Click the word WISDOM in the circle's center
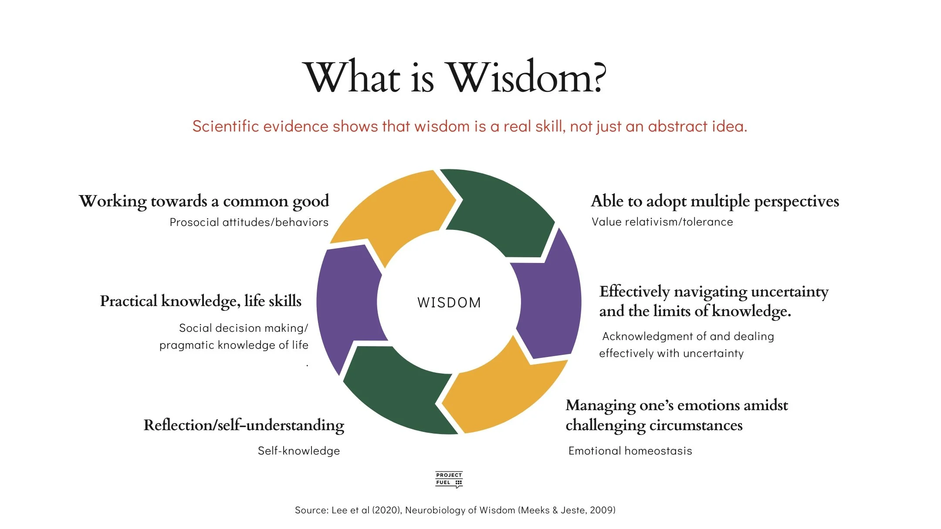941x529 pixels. point(449,302)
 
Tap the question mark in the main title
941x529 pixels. point(599,77)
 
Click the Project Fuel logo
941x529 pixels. point(449,479)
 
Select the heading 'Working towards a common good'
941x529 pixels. point(204,201)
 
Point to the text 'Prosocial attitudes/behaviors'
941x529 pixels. point(249,222)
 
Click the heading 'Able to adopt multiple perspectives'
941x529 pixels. point(715,201)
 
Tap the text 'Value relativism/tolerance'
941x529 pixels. point(662,222)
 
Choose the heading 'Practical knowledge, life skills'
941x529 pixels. point(201,301)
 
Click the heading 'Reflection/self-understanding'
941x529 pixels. point(244,425)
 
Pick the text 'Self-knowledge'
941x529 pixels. point(299,451)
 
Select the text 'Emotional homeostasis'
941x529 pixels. point(630,451)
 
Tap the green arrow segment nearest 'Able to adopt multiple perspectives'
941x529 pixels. point(501,209)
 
